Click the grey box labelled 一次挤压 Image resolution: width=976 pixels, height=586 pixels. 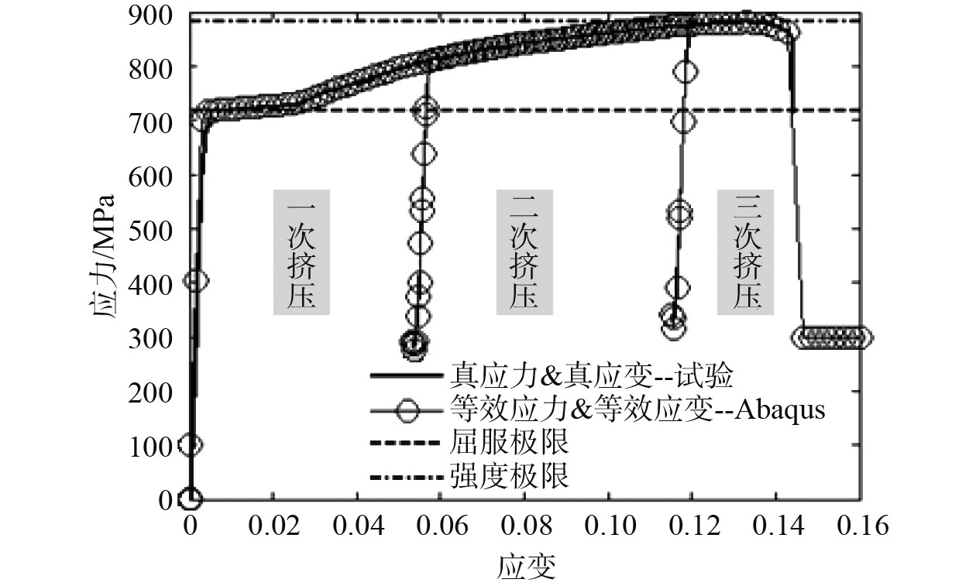[x=301, y=252]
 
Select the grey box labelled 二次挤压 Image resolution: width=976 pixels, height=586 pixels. [x=524, y=252]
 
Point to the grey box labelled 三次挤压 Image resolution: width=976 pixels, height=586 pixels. [x=746, y=252]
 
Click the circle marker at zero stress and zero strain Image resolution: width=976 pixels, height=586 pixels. [x=191, y=498]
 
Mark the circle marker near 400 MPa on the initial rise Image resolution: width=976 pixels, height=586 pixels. [x=195, y=280]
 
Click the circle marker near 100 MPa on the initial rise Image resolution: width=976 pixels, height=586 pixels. [x=191, y=444]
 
